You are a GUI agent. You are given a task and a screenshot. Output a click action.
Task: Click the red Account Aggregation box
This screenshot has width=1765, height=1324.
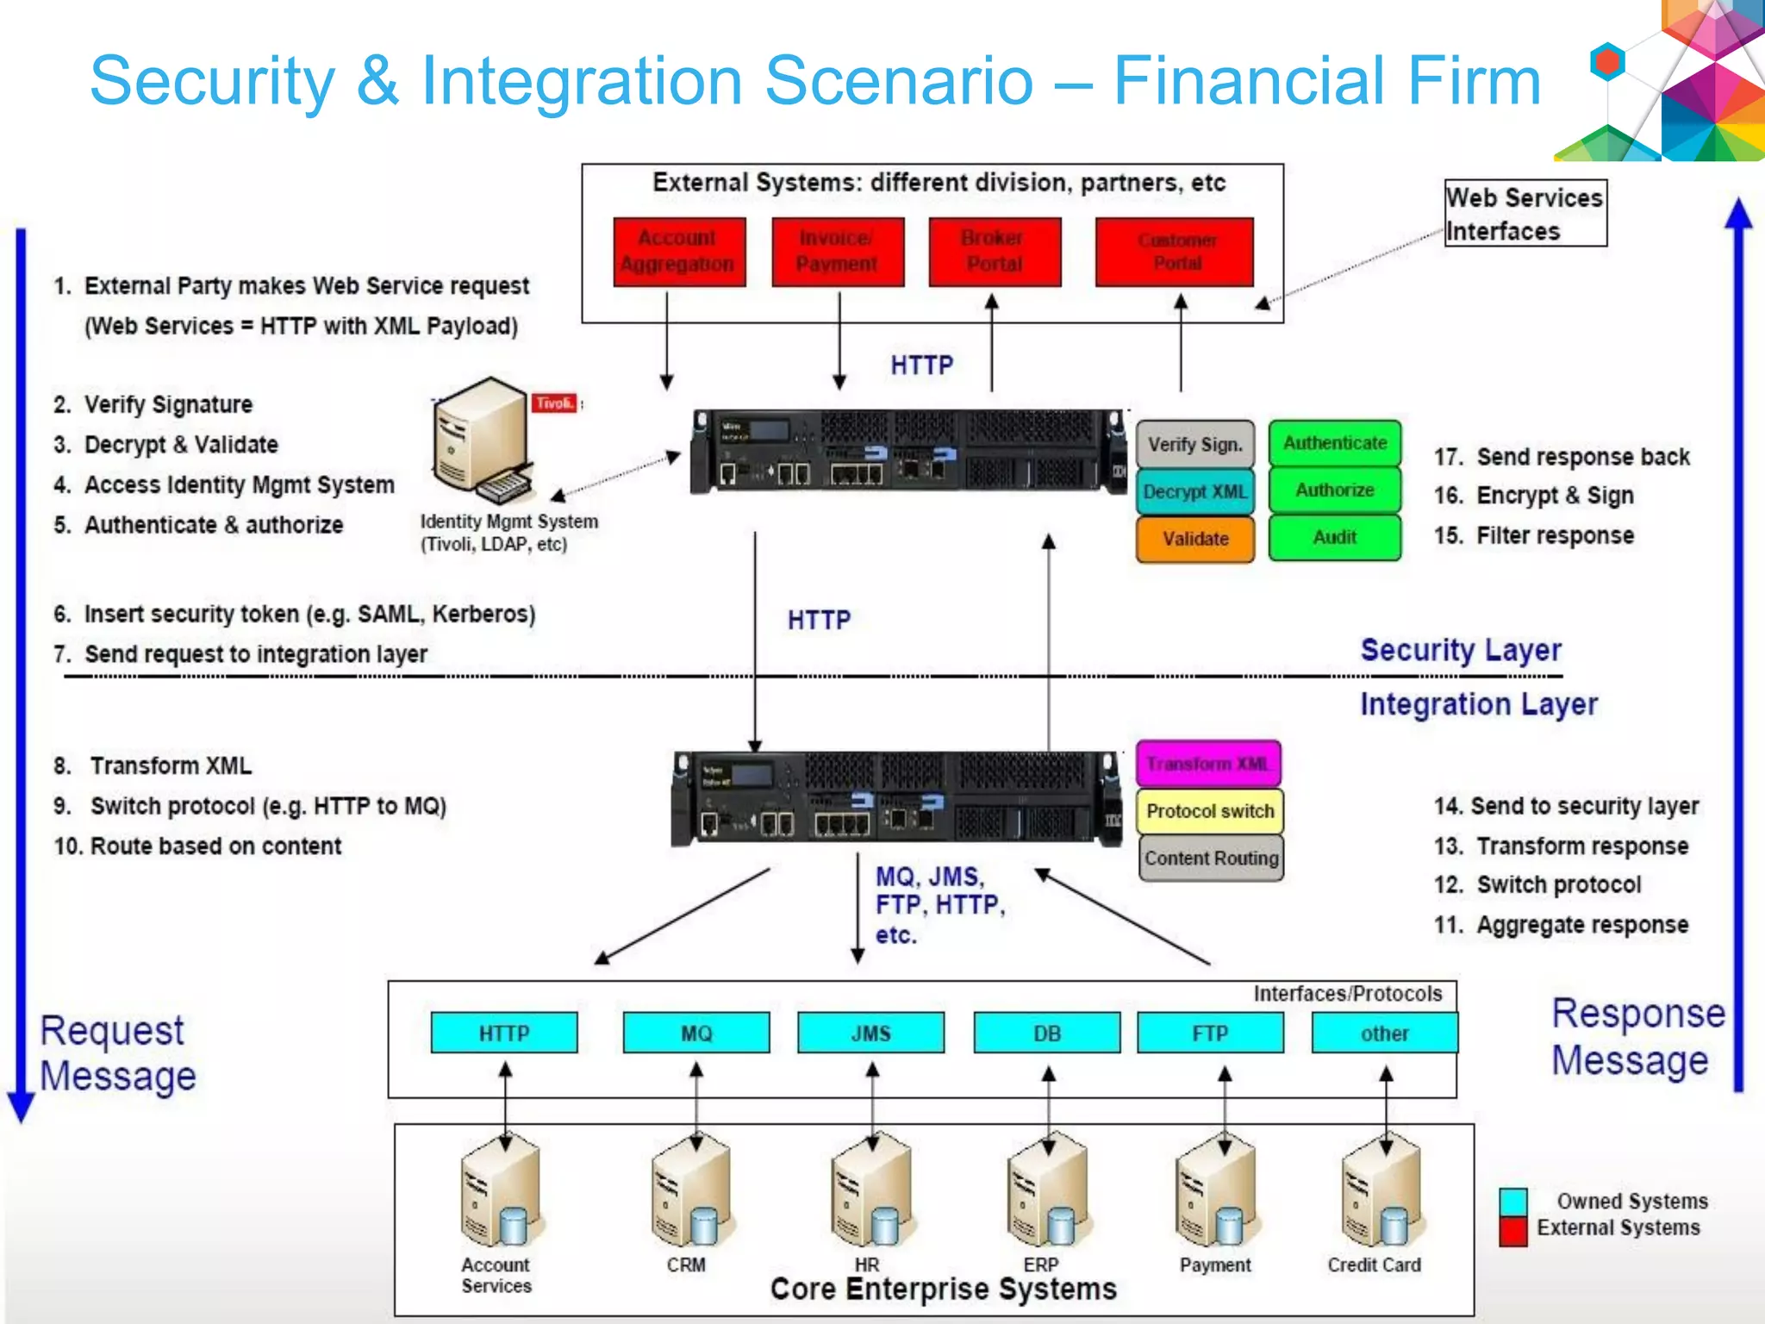tap(679, 251)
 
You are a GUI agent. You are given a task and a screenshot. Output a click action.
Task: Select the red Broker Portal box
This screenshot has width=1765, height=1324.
tap(995, 251)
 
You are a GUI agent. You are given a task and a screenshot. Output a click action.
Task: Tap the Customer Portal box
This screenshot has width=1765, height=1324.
tap(1174, 251)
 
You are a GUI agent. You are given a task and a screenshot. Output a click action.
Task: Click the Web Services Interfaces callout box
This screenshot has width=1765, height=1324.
tap(1525, 214)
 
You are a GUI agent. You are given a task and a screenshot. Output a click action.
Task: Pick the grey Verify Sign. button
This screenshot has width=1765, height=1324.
tap(1194, 445)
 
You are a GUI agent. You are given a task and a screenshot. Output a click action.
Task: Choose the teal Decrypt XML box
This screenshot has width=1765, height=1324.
tap(1194, 492)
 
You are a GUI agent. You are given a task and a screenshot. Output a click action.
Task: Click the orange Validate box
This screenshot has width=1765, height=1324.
tap(1194, 539)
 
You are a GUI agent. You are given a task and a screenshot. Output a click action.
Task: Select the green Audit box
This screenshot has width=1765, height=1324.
tap(1334, 538)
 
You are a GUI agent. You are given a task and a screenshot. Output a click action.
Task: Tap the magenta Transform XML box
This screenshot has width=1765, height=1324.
tap(1208, 764)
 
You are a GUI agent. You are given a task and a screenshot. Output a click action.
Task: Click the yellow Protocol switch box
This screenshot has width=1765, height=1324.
tap(1210, 811)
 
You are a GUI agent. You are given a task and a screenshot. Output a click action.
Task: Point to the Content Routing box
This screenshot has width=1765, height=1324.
tap(1211, 859)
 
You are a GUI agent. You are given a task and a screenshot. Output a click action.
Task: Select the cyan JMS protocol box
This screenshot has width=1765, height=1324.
tap(870, 1033)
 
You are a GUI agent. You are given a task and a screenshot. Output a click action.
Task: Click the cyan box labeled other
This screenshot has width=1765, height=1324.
tap(1384, 1033)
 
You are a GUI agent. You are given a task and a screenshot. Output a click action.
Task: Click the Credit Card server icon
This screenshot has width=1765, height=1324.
tap(1379, 1194)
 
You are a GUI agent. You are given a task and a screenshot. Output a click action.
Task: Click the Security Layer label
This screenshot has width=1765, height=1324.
tap(1460, 650)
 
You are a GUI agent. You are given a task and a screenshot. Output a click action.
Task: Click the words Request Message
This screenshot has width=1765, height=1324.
tap(118, 1053)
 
